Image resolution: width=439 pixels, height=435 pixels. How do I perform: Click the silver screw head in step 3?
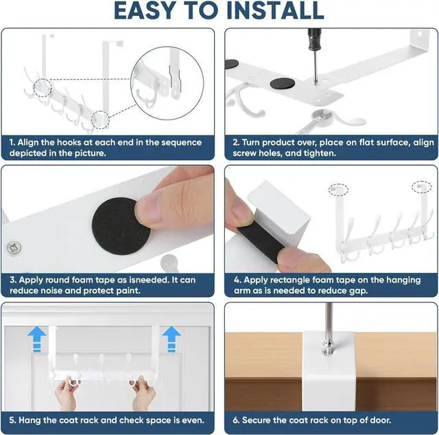click(14, 245)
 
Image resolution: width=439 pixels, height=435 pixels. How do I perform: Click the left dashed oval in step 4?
click(337, 188)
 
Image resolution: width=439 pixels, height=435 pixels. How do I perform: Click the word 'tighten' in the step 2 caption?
click(317, 153)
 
